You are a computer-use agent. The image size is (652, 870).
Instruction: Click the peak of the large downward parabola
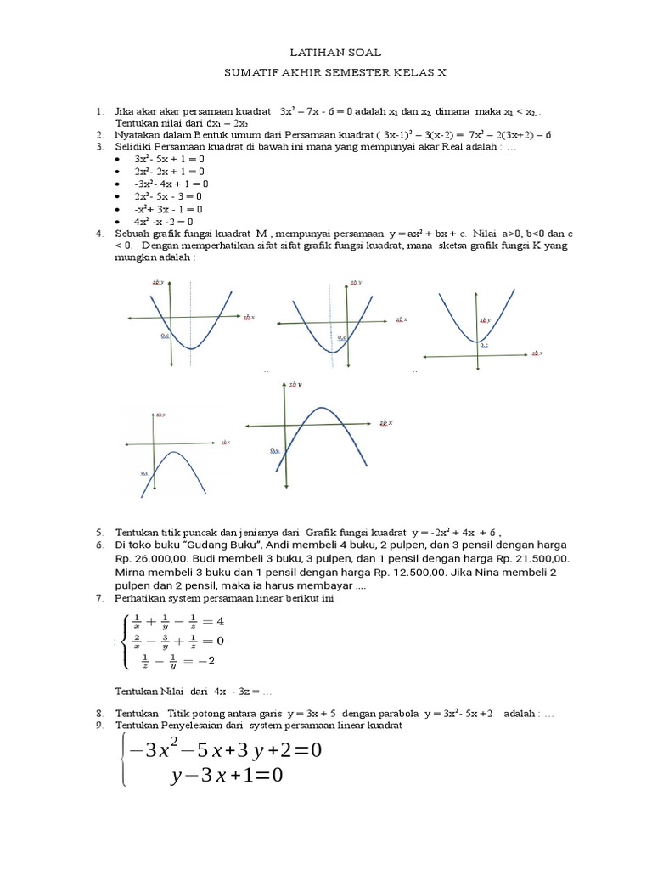(321, 409)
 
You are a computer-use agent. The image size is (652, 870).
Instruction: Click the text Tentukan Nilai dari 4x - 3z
(192, 691)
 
